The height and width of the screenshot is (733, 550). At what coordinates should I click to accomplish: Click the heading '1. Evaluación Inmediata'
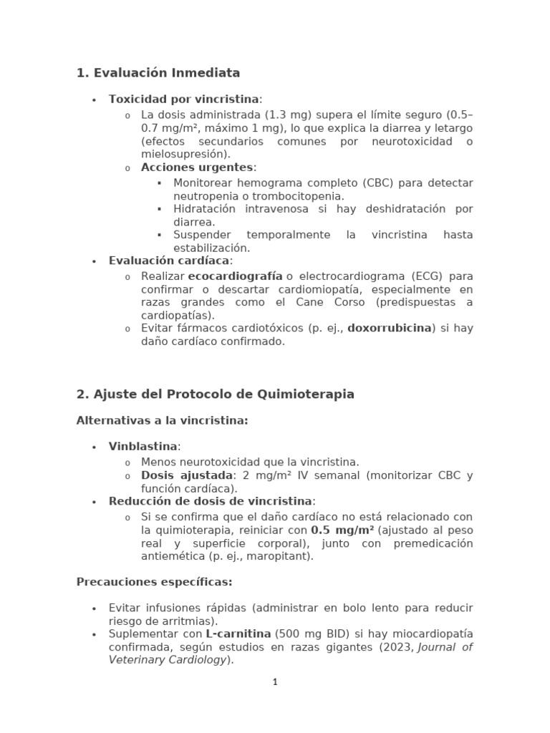click(x=158, y=73)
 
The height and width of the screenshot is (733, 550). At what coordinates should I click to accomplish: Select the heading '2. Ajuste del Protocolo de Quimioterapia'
click(x=215, y=394)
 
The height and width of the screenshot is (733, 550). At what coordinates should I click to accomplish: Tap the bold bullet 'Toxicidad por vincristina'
click(x=183, y=99)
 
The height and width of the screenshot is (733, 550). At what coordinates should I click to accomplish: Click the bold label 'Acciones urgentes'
click(x=197, y=167)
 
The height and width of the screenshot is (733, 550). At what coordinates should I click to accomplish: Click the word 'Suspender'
click(x=202, y=235)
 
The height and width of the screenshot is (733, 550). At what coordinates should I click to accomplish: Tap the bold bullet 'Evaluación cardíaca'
click(x=169, y=261)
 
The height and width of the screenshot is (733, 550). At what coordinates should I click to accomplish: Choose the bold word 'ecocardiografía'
click(x=235, y=276)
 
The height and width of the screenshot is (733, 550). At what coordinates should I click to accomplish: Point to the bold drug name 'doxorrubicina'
click(x=390, y=328)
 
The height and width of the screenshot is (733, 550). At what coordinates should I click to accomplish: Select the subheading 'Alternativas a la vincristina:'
click(x=162, y=420)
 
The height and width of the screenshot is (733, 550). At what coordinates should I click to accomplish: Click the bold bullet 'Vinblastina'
click(x=143, y=447)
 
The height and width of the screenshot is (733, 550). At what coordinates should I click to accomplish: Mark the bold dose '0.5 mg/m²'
click(x=343, y=530)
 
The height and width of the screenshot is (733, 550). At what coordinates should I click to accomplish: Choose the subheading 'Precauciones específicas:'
click(x=154, y=582)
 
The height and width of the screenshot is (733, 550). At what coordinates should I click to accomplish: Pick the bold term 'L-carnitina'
click(x=238, y=634)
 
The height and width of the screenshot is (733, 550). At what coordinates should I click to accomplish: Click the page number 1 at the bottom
click(x=274, y=682)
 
